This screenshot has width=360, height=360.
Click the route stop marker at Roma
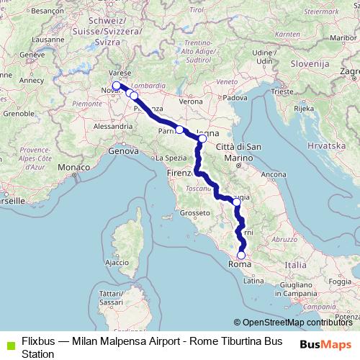(241, 254)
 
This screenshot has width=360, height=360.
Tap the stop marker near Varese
(117, 85)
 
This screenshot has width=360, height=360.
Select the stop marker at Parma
(179, 130)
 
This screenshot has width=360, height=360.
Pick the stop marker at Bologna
(202, 138)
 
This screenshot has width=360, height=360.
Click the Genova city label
(122, 151)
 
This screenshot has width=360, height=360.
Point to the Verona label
(191, 102)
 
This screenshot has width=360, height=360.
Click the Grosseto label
(194, 212)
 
